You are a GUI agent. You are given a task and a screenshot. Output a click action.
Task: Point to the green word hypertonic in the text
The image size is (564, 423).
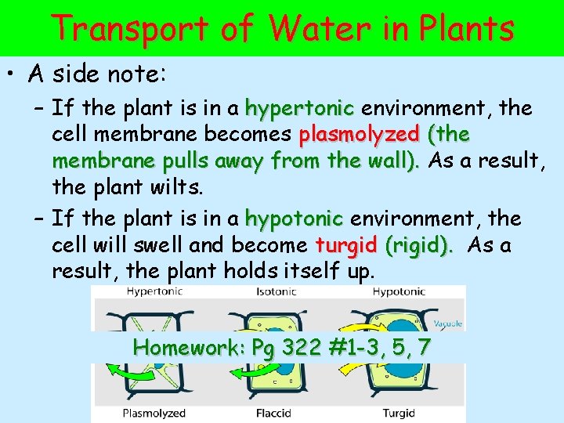click(300, 107)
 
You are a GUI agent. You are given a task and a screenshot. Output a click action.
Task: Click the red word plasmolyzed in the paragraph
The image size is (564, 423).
click(360, 135)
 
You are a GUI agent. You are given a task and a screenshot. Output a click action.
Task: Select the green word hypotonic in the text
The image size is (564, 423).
click(294, 218)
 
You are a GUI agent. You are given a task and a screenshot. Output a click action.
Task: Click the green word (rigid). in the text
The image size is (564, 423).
click(420, 245)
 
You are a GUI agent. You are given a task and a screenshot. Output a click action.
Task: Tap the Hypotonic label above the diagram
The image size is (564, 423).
click(399, 291)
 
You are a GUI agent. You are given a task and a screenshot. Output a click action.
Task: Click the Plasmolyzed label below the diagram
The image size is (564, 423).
click(154, 413)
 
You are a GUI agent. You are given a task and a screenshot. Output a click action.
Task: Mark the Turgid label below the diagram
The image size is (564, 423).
click(399, 413)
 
